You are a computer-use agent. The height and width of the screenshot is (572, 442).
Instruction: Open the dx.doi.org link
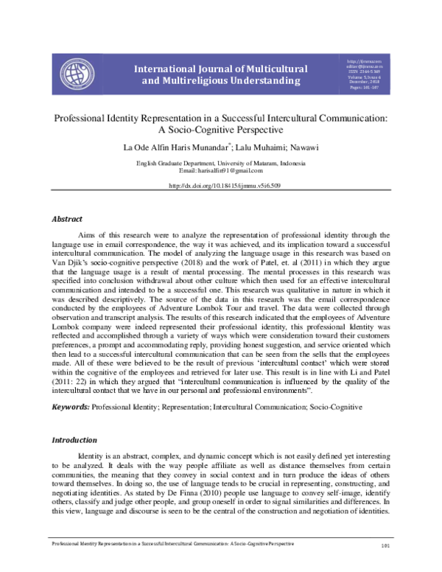click(x=221, y=186)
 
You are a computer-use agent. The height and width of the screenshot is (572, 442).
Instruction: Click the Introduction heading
click(x=74, y=439)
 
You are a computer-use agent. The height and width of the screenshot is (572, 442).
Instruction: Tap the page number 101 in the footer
click(x=384, y=566)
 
